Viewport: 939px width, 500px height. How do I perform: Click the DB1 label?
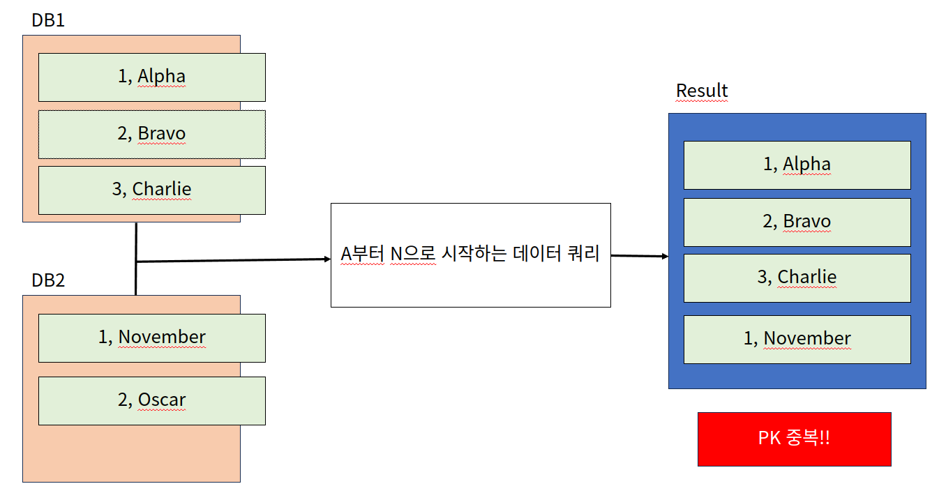pos(48,20)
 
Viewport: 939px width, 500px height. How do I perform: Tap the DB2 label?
pos(48,280)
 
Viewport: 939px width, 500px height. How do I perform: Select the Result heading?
pos(702,91)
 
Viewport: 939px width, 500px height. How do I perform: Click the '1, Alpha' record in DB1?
pos(151,77)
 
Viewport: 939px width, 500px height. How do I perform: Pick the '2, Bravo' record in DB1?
pos(151,134)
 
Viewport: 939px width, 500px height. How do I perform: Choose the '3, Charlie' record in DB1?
pos(151,190)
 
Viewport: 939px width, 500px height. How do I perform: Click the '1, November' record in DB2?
pos(151,338)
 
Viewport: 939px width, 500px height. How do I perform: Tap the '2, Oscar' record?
pos(151,400)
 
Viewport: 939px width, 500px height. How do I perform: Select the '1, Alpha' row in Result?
pos(797,165)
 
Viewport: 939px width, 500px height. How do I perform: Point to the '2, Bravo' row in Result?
pos(797,222)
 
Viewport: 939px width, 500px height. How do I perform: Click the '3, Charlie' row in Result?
pos(797,278)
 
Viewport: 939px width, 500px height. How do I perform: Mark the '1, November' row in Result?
pos(797,339)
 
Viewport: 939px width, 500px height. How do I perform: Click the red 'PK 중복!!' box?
pos(794,439)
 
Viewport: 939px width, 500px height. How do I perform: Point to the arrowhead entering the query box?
pos(326,259)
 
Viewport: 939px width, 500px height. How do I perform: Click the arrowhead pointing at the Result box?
pos(664,257)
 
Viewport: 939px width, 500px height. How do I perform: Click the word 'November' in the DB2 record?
pos(162,338)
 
